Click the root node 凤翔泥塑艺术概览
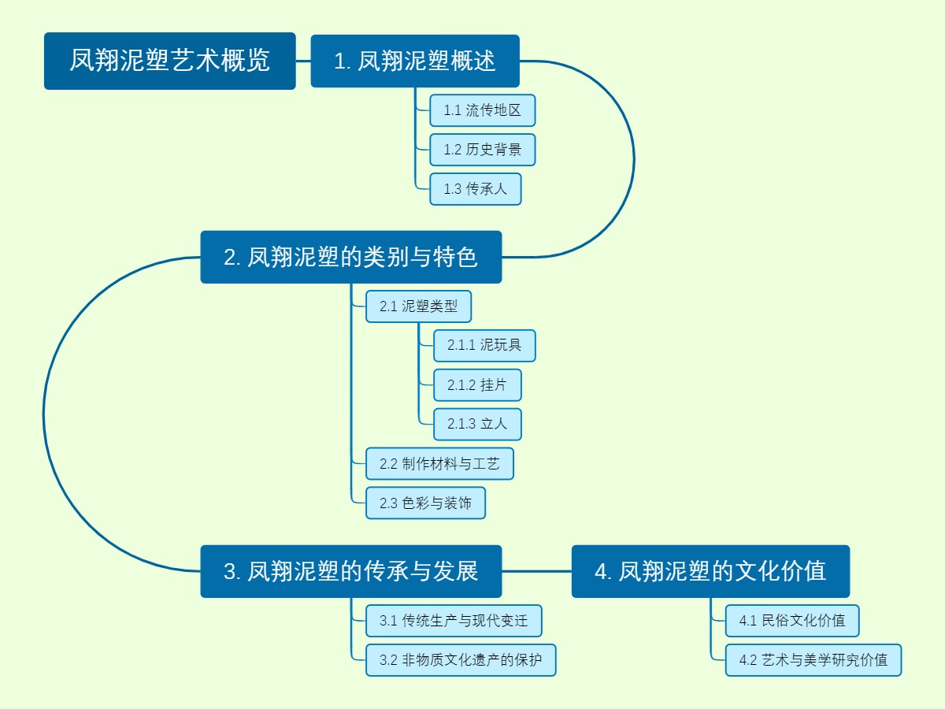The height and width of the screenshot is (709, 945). point(169,61)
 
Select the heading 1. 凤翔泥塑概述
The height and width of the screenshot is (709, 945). point(415,61)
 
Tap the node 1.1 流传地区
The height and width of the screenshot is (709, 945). point(482,110)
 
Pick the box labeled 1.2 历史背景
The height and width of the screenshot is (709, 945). point(482,150)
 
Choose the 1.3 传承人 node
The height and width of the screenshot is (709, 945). point(475,189)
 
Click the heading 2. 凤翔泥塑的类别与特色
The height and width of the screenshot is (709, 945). point(350,257)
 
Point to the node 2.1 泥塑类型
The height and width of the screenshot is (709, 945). point(418,306)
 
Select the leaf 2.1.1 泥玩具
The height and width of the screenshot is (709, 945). point(484,346)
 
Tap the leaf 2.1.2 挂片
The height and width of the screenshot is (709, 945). point(477,385)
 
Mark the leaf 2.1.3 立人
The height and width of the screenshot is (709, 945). point(477,425)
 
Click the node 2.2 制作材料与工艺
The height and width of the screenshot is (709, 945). point(439,464)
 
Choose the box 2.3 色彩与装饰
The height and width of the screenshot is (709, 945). point(425,503)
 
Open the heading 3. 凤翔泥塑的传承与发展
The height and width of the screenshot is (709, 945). point(350,571)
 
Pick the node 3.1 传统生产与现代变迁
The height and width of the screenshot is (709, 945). point(454,621)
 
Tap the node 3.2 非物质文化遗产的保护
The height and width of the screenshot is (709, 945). point(461,660)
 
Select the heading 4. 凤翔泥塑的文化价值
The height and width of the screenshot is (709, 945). point(710,571)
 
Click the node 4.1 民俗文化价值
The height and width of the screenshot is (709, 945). point(791,621)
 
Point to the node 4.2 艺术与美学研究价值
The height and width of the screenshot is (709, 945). point(813,660)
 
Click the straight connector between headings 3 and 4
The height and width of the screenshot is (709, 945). point(536,571)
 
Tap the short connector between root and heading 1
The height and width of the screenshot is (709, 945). point(303,61)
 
